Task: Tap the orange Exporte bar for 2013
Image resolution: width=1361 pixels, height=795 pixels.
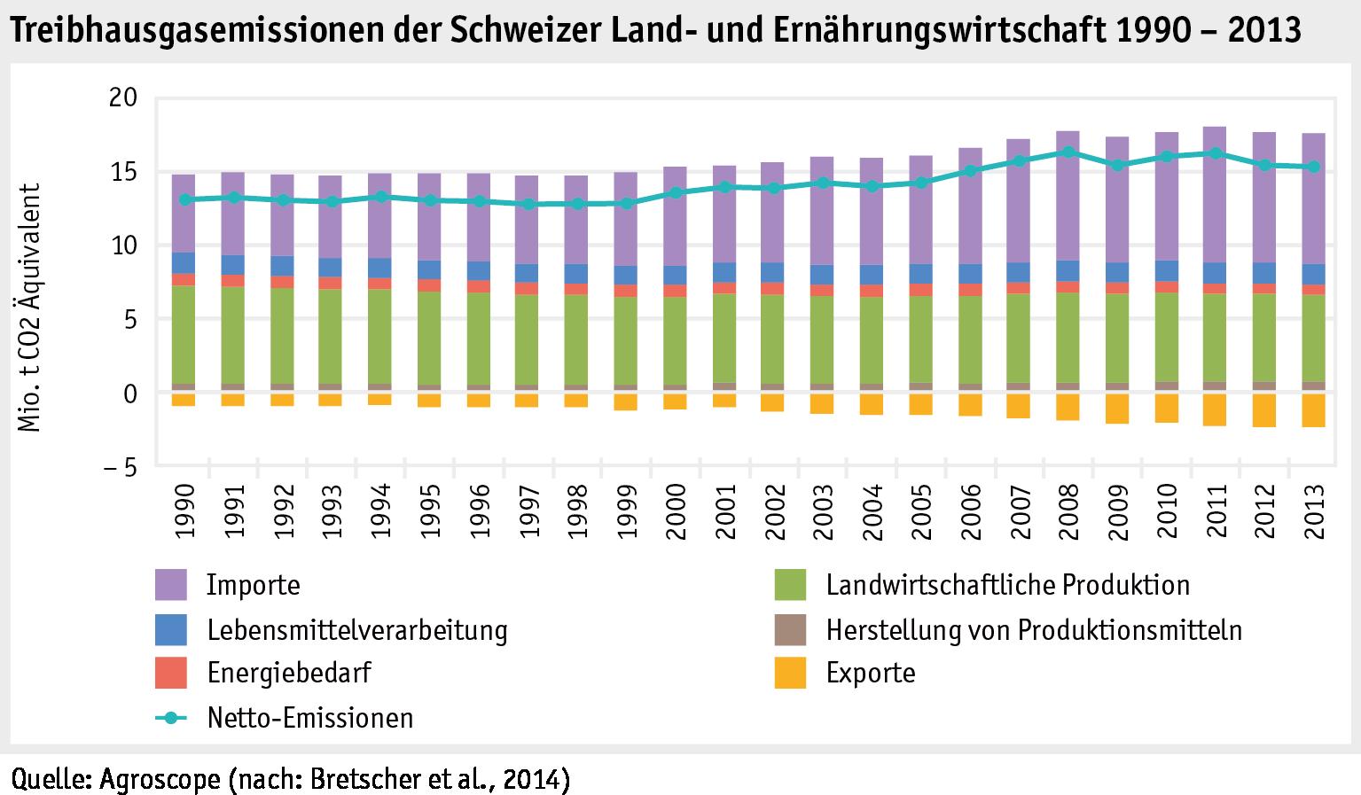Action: pos(1313,410)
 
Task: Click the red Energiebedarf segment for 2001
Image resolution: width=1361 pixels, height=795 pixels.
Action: pos(724,287)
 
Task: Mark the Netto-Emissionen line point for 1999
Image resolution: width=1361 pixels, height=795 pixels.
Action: pos(626,203)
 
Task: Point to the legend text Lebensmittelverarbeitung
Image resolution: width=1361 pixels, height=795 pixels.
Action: pos(357,630)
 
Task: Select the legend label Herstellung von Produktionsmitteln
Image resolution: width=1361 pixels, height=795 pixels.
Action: pos(1033,630)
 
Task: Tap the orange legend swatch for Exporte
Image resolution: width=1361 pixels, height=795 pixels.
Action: pos(790,673)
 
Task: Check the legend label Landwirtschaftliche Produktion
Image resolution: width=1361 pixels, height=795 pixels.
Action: pos(1007,585)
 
